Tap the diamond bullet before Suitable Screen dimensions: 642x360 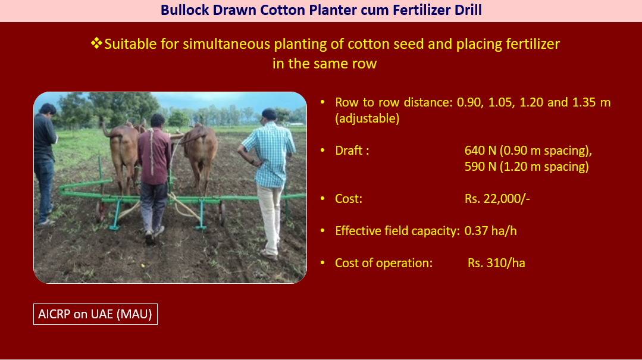96,43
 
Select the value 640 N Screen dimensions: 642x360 480,151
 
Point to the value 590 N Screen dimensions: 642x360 480,167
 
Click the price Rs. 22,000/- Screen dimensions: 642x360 497,199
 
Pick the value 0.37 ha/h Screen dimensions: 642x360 490,231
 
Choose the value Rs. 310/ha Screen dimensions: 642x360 496,263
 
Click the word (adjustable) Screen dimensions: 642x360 367,119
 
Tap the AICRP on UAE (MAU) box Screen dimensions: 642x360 95,314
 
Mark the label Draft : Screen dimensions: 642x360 352,151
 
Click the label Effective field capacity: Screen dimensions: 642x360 397,231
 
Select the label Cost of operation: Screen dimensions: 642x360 384,263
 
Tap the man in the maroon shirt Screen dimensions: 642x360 154,176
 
